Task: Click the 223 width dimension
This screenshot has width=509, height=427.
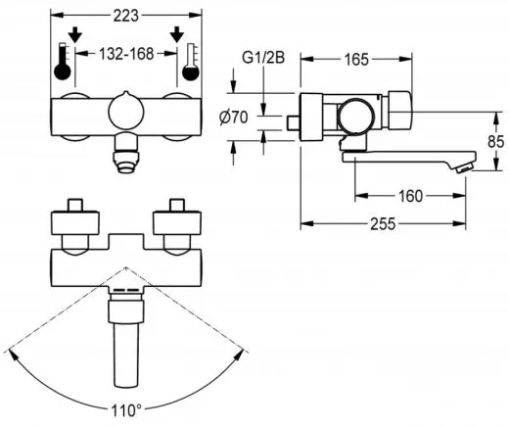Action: pos(124,14)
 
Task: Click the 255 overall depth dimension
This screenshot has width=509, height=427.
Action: pos(383,225)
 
